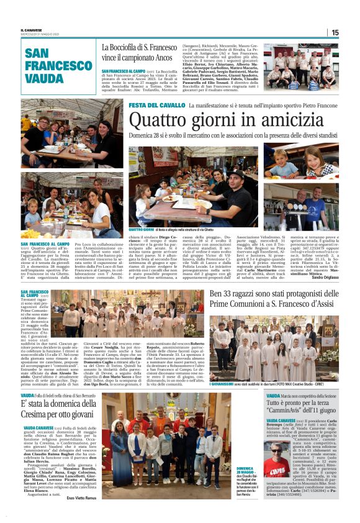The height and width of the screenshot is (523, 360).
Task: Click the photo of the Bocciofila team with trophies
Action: tap(300, 65)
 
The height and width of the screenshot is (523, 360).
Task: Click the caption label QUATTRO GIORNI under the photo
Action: tap(140, 237)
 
